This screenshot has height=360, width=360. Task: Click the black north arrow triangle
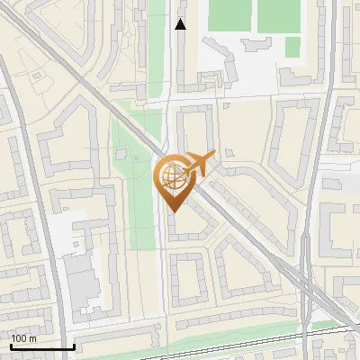pyautogui.click(x=181, y=24)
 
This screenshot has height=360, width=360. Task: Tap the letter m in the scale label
pyautogui.click(x=32, y=338)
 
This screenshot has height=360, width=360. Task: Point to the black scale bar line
pyautogui.click(x=41, y=346)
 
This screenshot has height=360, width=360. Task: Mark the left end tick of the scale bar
pyautogui.click(x=10, y=346)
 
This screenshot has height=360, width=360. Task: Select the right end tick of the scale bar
pyautogui.click(x=74, y=346)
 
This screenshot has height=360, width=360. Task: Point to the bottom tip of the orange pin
pyautogui.click(x=171, y=211)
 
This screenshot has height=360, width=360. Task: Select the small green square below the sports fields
pyautogui.click(x=292, y=46)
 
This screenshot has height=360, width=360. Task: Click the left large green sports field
pyautogui.click(x=229, y=15)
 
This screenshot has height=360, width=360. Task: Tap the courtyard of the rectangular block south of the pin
pyautogui.click(x=190, y=278)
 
